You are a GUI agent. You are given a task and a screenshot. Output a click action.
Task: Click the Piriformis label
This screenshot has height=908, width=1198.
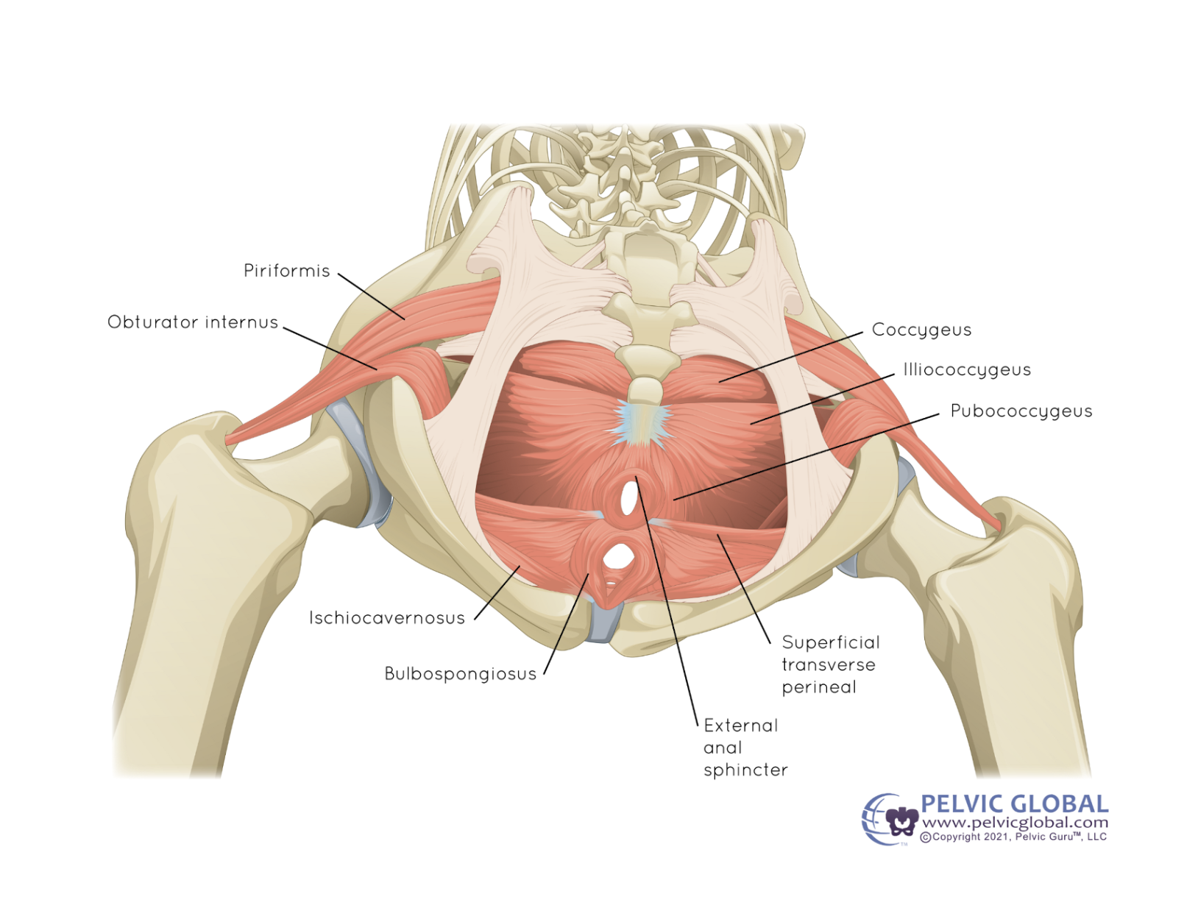(x=286, y=271)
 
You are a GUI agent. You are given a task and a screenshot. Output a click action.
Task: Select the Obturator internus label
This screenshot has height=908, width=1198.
(x=193, y=322)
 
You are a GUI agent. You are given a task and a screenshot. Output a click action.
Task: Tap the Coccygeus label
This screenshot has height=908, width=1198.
(x=921, y=330)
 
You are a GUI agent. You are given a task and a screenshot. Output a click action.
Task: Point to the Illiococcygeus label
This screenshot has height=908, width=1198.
(x=967, y=369)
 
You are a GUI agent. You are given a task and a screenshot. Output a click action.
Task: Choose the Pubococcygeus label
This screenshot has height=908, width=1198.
(x=1021, y=411)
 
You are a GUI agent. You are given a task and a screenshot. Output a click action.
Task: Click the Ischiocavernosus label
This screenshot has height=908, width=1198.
(x=387, y=618)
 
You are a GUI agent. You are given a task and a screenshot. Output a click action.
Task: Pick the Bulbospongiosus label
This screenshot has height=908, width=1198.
(x=461, y=674)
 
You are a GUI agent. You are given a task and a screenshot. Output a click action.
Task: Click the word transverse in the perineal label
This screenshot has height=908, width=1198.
(x=829, y=665)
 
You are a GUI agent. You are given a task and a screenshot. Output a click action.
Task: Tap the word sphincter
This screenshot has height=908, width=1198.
(x=745, y=770)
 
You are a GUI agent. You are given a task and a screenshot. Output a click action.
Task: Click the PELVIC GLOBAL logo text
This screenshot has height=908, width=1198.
(x=1014, y=804)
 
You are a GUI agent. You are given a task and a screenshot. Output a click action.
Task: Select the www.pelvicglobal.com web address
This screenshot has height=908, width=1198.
(x=1015, y=823)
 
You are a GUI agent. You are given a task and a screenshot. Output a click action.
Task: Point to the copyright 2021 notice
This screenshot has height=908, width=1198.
(x=1013, y=837)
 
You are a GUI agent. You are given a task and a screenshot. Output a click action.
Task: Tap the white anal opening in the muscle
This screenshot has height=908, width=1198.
(x=628, y=498)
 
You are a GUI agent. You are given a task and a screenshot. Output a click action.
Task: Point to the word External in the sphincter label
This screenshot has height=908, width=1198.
(x=740, y=726)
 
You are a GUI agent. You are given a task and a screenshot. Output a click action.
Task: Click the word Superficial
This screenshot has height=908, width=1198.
(x=831, y=642)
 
